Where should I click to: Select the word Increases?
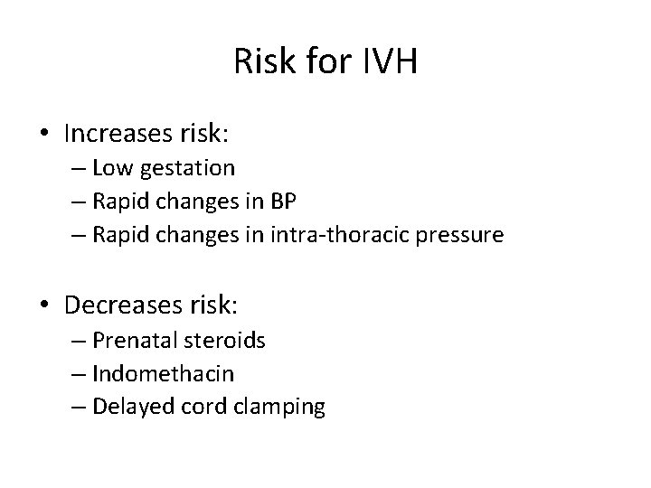click(112, 135)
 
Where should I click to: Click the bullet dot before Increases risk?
click(44, 136)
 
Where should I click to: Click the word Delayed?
click(127, 408)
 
